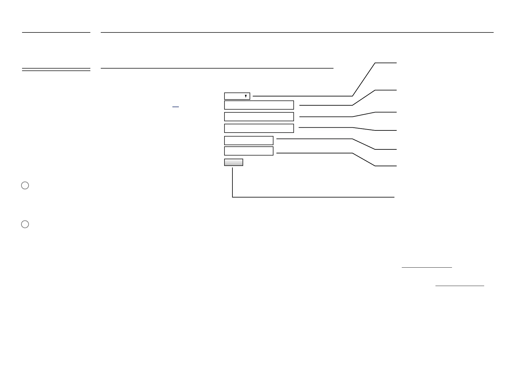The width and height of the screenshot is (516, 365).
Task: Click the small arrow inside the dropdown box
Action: [246, 96]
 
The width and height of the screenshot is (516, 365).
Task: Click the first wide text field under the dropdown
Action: [259, 105]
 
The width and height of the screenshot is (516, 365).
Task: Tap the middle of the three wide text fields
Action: [259, 117]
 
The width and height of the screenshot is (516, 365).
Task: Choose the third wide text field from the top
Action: [259, 128]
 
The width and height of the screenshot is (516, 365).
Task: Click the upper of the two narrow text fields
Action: [249, 141]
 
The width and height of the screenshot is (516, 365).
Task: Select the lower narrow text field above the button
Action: [249, 151]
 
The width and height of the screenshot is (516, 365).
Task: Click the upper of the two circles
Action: [25, 186]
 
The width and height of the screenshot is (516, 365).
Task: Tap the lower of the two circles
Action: [25, 224]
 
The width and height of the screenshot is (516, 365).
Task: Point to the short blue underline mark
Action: [175, 107]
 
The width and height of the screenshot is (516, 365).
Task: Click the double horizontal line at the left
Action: [56, 70]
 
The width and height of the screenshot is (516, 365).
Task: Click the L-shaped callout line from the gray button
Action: [306, 197]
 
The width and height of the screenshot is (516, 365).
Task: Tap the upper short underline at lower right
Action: [427, 268]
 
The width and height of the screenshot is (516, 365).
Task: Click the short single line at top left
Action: [56, 32]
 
